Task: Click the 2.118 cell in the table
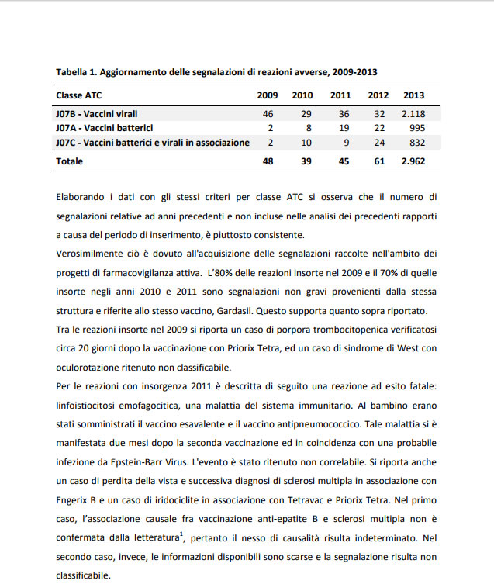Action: (413, 114)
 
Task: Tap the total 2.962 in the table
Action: (413, 161)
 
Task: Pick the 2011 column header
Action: (340, 95)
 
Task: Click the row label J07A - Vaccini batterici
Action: (104, 128)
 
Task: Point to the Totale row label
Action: (70, 161)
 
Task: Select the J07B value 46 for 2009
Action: (269, 114)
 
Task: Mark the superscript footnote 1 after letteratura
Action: (181, 532)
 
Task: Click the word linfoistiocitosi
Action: (90, 406)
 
